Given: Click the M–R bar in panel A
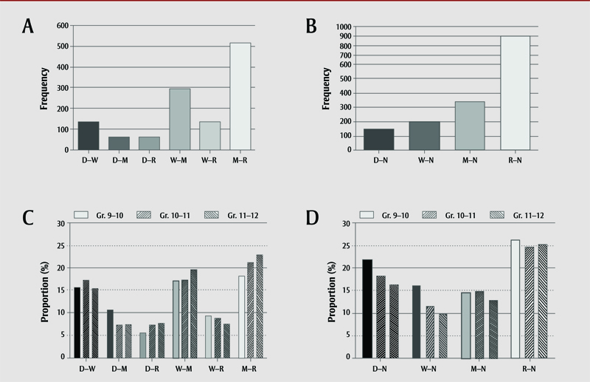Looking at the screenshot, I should pos(240,96).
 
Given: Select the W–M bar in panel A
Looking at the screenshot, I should pos(180,119).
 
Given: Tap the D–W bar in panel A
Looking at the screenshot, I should pos(88,135).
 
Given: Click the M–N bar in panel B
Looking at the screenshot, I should pos(470,126).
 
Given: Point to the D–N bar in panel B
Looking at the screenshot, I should pos(378,139).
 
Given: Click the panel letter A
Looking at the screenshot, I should pos(29,27).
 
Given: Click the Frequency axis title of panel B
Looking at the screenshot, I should pos(327,88).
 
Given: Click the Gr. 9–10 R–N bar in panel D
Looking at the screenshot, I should pos(515,299).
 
